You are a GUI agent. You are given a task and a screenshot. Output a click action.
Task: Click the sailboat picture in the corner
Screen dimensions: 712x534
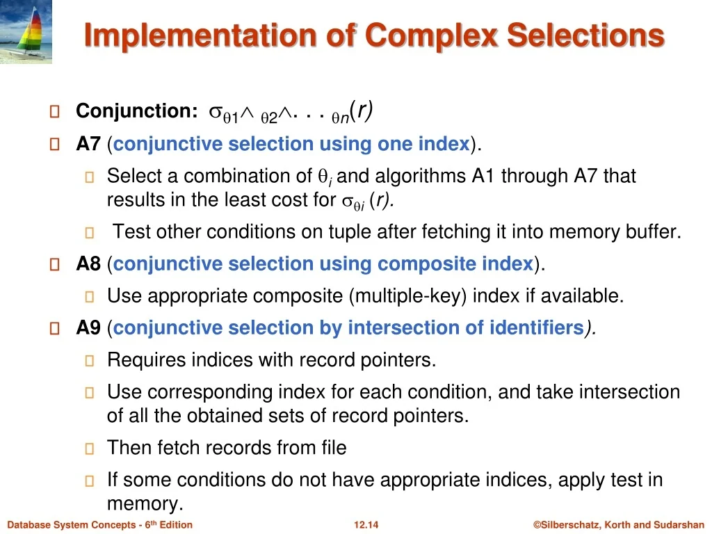26,31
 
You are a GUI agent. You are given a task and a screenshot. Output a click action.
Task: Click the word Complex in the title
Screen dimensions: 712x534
431,36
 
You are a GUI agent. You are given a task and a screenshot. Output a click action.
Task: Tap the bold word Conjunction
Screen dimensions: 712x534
137,111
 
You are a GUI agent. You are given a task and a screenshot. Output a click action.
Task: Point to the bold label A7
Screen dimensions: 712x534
88,144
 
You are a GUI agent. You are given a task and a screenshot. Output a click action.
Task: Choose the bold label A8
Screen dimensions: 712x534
88,264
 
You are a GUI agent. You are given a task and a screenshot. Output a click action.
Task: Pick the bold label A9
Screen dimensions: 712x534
88,328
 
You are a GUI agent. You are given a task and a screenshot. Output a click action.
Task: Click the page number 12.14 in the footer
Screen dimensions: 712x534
366,525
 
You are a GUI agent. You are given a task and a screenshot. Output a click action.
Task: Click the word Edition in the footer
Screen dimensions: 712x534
176,525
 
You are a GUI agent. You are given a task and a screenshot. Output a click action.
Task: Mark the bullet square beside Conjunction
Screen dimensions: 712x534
54,111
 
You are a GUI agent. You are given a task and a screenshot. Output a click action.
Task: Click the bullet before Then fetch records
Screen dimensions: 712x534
90,448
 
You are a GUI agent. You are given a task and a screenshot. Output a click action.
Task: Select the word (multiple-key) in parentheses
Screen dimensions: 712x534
407,296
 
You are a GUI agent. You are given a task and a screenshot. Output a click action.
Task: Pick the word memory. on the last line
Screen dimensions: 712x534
145,504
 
